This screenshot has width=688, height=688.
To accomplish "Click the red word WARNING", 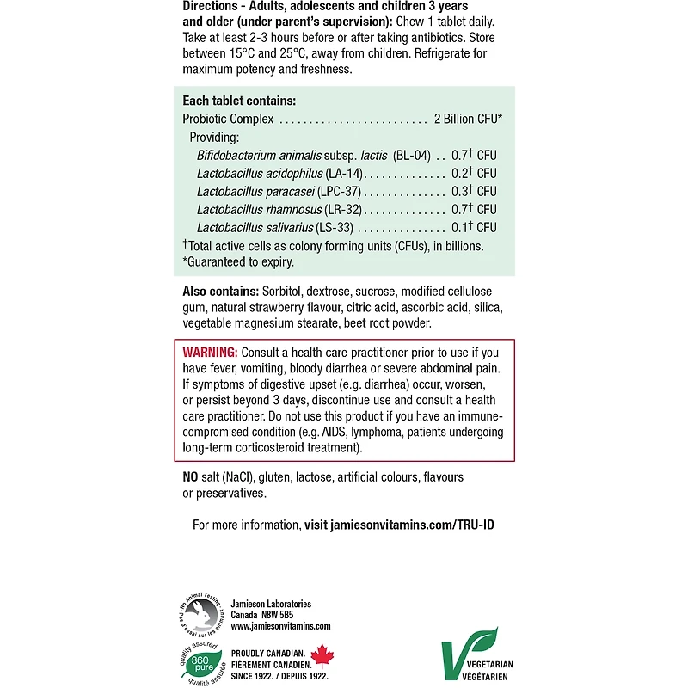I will pos(211,353).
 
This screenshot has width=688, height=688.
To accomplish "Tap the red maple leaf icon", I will pos(321,656).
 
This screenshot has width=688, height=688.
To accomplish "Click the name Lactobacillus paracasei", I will pos(255,191).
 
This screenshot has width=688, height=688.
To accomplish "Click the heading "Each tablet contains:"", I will pos(239,101).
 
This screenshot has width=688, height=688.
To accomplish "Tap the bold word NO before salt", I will pos(192,477).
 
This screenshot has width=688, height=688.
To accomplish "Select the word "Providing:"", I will pos(214,138).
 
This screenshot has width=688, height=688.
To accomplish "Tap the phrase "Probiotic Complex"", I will pos(228,119).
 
